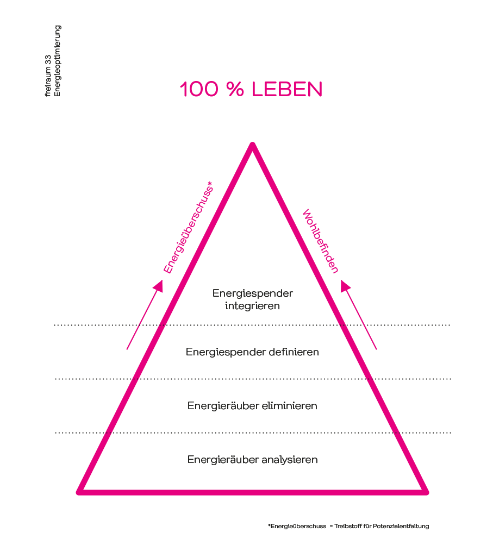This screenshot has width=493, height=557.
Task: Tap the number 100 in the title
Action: [x=199, y=90]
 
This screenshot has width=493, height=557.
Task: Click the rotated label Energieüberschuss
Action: [x=187, y=228]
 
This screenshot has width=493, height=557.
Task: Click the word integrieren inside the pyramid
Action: [x=253, y=306]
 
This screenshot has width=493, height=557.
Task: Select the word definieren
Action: [x=294, y=352]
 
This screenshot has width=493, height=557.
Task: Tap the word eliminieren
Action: [x=290, y=406]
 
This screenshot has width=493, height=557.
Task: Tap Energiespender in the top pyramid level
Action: [x=253, y=293]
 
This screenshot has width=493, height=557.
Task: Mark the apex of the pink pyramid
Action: [x=252, y=145]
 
